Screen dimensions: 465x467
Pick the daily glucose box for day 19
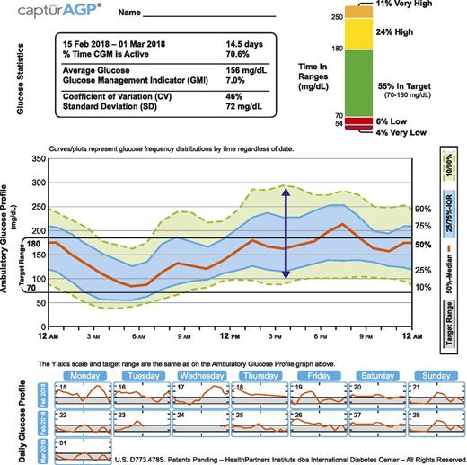(x=316, y=394)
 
